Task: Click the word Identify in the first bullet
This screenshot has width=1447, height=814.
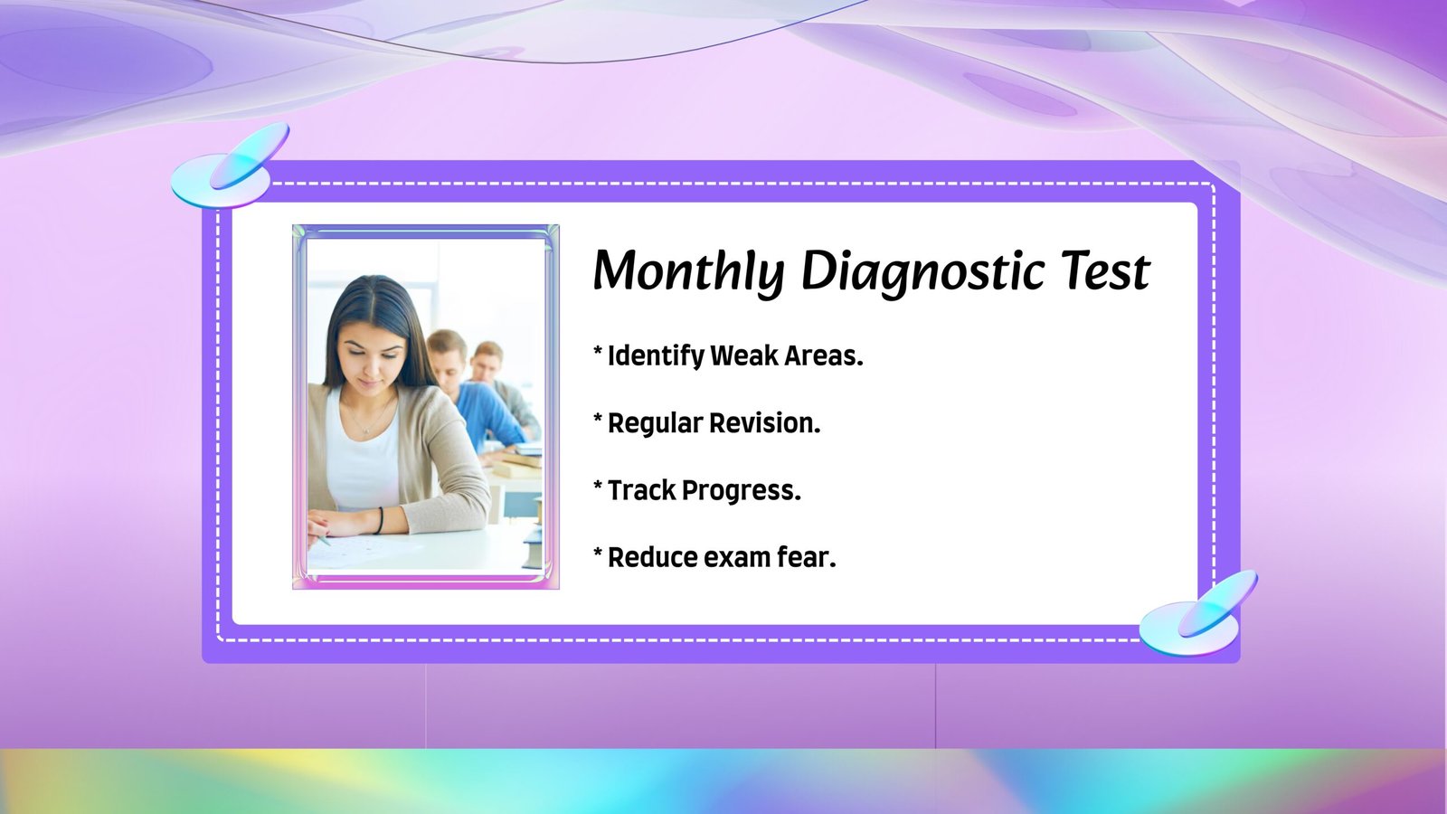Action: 656,356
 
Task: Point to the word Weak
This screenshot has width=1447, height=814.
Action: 744,355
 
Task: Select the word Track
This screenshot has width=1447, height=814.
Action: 641,490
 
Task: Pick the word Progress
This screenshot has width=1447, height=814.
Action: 742,492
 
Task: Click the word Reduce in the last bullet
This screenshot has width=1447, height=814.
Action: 652,557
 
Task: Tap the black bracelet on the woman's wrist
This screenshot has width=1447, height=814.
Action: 380,520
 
